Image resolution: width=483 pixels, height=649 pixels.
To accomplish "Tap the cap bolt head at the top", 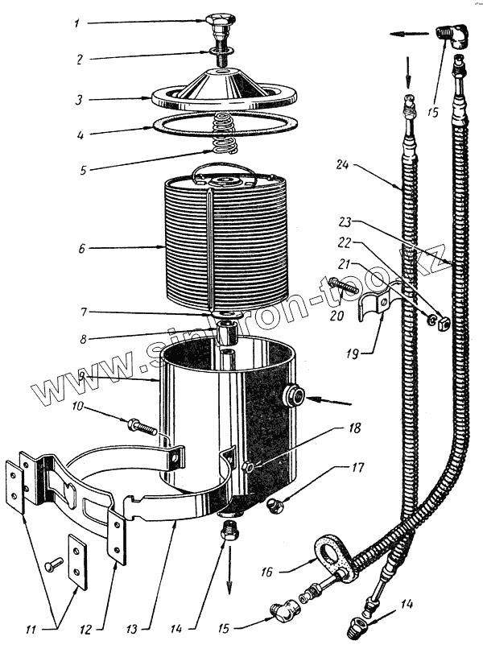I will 220,19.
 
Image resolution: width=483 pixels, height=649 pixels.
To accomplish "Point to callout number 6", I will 81,250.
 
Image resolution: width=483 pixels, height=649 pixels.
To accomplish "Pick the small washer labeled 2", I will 220,54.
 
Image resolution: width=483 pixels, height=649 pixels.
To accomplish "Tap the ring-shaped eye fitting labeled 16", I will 331,556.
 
